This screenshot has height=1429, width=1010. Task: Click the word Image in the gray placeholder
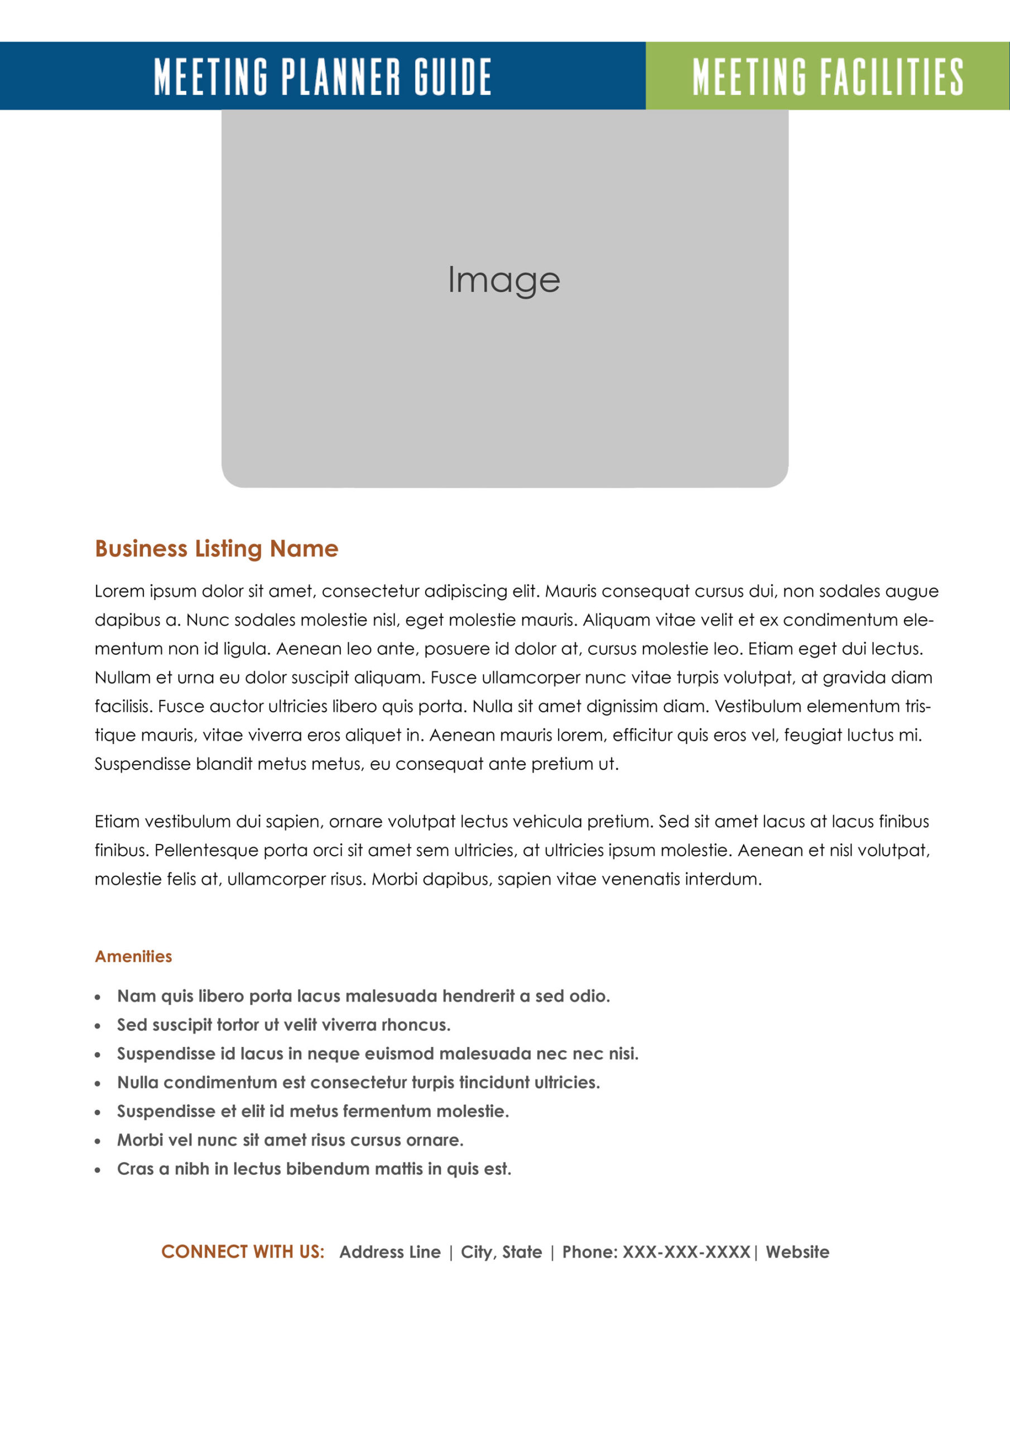[x=504, y=280]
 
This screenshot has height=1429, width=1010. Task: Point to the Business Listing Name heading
[x=217, y=548]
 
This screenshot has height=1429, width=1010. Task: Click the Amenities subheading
[x=133, y=956]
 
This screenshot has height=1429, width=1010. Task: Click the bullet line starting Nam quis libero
[x=363, y=996]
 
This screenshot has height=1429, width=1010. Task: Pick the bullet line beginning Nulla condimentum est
[x=358, y=1082]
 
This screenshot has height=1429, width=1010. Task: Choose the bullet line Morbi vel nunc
[x=291, y=1140]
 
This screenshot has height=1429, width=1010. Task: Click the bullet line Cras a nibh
[x=314, y=1168]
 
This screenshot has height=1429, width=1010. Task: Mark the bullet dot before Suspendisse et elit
[x=98, y=1111]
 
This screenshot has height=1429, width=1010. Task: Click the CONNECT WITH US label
[x=243, y=1251]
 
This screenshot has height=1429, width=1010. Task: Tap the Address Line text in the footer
[x=389, y=1251]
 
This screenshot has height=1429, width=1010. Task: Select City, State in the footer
[x=501, y=1251]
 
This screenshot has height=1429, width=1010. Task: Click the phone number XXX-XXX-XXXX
[x=686, y=1251]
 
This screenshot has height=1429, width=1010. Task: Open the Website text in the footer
[x=797, y=1251]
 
